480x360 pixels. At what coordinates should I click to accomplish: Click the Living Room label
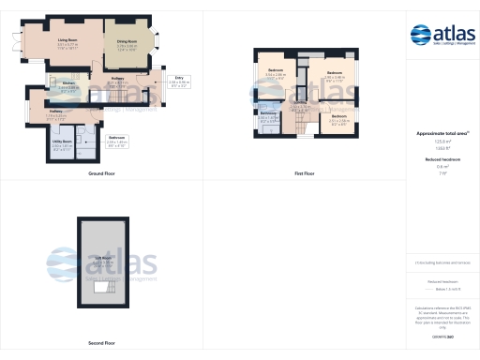pyautogui.click(x=67, y=41)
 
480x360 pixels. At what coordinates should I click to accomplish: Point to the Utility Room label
pyautogui.click(x=62, y=142)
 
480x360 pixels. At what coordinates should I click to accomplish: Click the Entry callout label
pyautogui.click(x=179, y=79)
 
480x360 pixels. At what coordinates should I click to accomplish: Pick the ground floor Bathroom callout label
pyautogui.click(x=117, y=139)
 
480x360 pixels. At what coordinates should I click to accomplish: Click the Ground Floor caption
pyautogui.click(x=101, y=174)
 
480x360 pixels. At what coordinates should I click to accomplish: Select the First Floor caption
pyautogui.click(x=304, y=174)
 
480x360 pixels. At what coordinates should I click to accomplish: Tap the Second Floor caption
pyautogui.click(x=101, y=343)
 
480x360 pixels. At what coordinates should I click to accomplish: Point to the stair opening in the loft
pyautogui.click(x=101, y=295)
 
